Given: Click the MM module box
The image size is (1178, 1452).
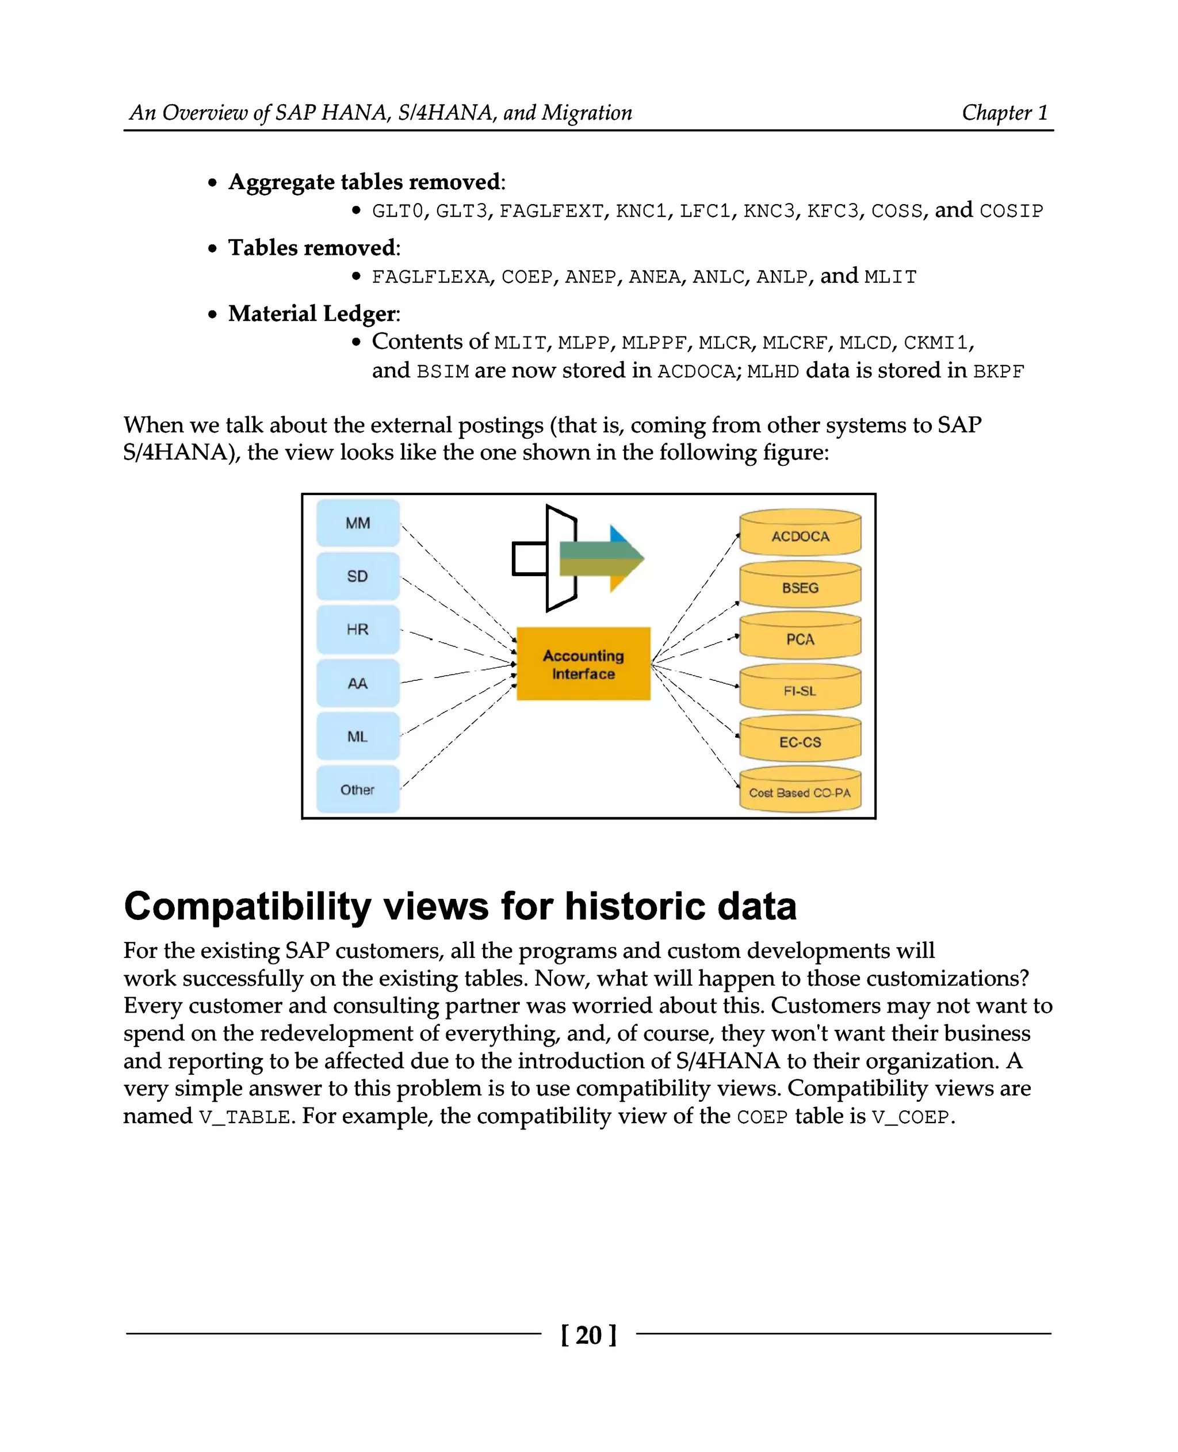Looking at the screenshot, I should click(358, 523).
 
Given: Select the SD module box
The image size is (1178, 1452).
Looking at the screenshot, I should click(358, 576).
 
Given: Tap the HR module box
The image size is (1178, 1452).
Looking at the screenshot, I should click(358, 630).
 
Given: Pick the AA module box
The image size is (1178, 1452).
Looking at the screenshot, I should click(358, 683).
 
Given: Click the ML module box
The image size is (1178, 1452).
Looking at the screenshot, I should click(358, 736).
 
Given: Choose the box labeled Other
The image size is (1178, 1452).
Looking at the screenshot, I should click(358, 790).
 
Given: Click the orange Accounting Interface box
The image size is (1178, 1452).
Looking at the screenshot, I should click(583, 664).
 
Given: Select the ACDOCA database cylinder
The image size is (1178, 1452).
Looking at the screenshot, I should click(800, 535).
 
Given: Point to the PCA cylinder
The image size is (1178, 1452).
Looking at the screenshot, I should click(800, 638).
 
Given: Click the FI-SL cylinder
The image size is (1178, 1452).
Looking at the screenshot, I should click(800, 690).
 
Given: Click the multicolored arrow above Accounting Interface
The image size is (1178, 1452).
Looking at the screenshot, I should click(601, 558).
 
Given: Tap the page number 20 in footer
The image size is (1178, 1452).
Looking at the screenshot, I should click(588, 1335).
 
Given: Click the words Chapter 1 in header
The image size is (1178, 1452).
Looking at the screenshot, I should click(1004, 112).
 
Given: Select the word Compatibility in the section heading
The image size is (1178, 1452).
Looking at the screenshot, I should click(248, 906).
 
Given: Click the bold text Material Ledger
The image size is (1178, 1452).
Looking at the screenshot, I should click(312, 313).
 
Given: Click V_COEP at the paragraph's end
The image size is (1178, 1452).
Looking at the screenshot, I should click(910, 1116).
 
